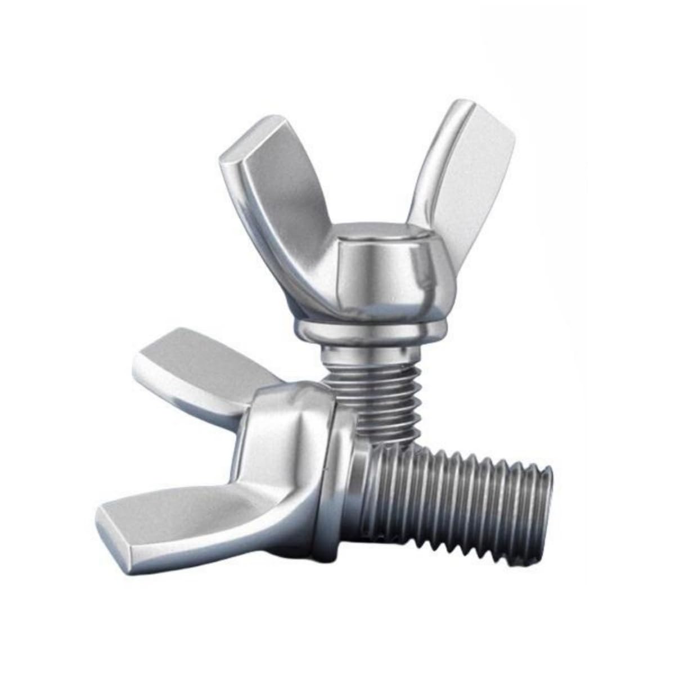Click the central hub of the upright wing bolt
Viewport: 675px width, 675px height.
click(x=371, y=276)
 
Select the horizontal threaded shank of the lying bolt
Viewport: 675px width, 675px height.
click(x=461, y=484)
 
